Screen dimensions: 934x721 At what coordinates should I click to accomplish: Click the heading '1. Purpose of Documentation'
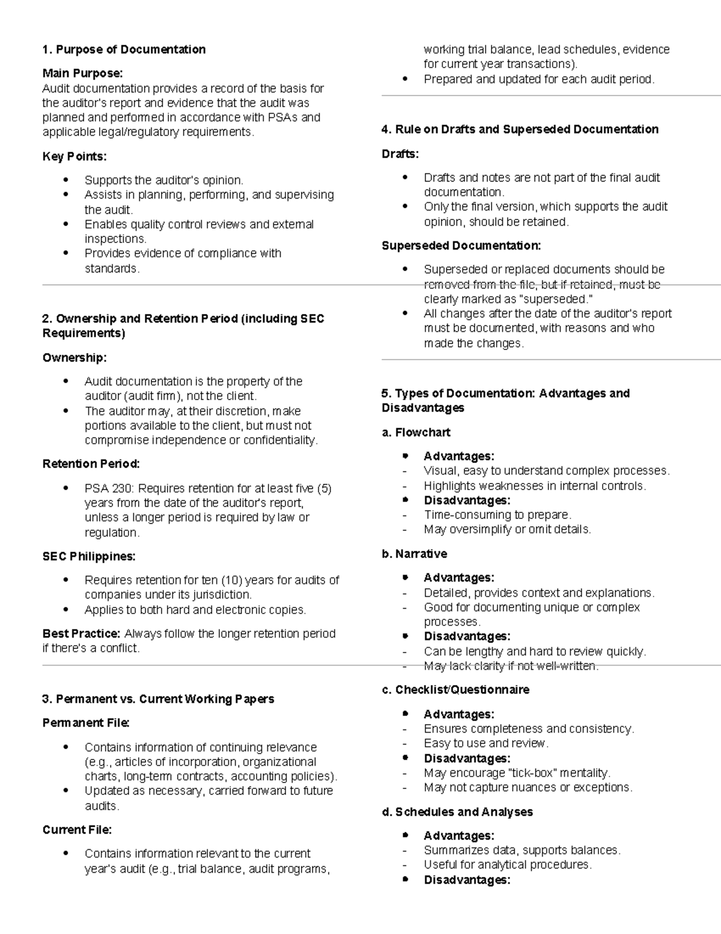(x=124, y=49)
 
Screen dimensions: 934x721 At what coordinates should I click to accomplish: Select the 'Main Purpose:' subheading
(x=82, y=73)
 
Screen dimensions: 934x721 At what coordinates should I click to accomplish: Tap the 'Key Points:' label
(x=75, y=156)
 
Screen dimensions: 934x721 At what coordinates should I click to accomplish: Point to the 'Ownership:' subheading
(x=75, y=358)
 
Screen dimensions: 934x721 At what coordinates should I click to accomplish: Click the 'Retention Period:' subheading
(x=91, y=464)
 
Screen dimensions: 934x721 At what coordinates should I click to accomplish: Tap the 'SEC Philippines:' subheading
(x=89, y=556)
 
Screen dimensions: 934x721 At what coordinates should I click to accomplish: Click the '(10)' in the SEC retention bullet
(x=231, y=580)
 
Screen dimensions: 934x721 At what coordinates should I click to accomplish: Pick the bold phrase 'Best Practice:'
(x=82, y=634)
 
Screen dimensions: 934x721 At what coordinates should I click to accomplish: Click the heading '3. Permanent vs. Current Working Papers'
(x=158, y=699)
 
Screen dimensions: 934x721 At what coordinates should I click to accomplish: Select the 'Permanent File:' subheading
(x=86, y=723)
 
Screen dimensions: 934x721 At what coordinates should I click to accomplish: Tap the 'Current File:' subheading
(x=77, y=830)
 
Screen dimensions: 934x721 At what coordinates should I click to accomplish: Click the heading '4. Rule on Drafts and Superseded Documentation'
(x=520, y=129)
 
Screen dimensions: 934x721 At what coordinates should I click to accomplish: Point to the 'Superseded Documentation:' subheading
(x=461, y=245)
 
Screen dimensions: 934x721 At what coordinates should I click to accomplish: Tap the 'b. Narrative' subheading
(x=415, y=554)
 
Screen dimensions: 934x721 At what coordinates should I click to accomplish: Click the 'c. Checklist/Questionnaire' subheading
(x=455, y=690)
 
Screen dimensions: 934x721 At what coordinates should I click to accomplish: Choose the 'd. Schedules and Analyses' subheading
(x=457, y=812)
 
